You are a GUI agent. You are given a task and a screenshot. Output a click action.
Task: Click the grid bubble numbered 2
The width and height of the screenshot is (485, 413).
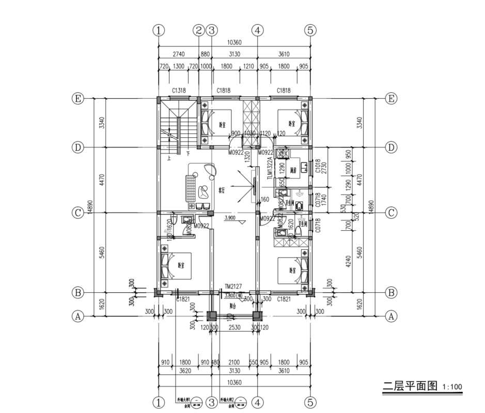199,30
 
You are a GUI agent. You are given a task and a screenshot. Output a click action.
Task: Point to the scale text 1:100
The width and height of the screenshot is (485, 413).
452,387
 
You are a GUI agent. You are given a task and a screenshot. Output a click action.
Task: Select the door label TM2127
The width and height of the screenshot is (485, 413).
233,285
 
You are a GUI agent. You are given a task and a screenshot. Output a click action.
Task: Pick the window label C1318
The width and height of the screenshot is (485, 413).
179,90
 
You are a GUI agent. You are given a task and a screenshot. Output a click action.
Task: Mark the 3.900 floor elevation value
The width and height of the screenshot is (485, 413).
230,218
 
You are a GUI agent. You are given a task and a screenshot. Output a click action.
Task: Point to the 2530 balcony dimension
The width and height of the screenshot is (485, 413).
234,327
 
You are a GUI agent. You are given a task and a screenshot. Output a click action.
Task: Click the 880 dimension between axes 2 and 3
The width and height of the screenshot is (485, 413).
205,54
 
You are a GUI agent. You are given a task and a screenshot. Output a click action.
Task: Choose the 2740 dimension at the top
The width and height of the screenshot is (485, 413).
179,54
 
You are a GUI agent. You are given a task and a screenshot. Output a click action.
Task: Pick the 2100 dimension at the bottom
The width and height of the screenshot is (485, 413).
234,362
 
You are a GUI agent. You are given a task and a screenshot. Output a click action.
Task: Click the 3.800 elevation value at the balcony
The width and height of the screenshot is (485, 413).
230,295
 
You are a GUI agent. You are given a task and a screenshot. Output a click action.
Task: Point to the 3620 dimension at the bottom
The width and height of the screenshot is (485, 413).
185,370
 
